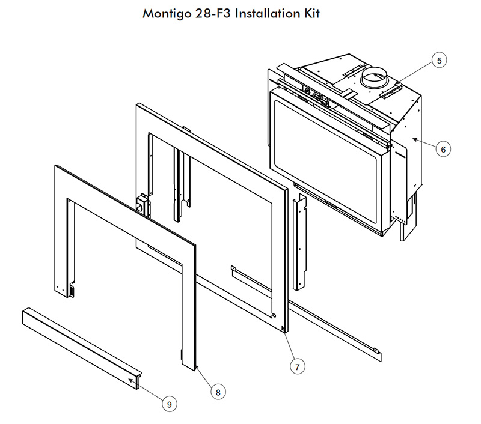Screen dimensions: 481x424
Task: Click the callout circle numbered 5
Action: (439, 60)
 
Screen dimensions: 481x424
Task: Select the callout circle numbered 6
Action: (443, 149)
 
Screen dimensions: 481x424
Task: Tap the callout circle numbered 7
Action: (297, 366)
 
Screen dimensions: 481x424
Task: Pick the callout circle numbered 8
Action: (218, 392)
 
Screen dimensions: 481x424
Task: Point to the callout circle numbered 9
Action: (170, 404)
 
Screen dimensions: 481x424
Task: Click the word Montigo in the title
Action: (167, 14)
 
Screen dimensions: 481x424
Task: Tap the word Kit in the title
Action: (312, 13)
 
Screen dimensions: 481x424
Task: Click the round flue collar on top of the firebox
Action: (374, 78)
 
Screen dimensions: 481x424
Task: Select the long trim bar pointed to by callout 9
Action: (82, 348)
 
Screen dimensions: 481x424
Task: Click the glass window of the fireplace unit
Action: (325, 163)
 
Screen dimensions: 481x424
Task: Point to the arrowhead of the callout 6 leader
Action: (415, 140)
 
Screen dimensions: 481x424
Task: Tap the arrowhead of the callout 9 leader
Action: (131, 380)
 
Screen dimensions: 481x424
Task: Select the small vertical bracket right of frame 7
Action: (299, 243)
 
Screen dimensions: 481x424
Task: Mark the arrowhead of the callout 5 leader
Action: (398, 83)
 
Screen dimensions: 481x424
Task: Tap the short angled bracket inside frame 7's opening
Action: (252, 292)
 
